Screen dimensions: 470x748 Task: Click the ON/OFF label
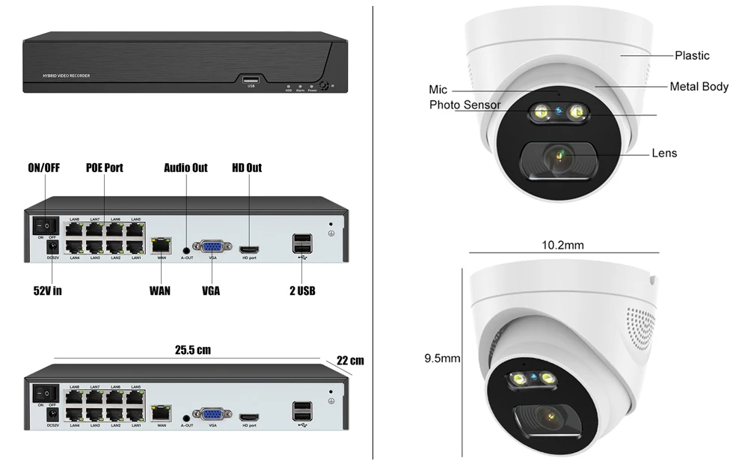[x=43, y=168]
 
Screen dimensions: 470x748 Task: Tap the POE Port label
[x=104, y=168]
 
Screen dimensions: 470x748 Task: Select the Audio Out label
[x=186, y=168]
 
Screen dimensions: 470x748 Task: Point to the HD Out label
[x=247, y=168]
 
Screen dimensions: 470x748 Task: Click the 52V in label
[x=46, y=290]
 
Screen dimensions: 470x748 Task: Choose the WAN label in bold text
[x=159, y=290]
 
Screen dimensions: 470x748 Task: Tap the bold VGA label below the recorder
[x=211, y=290]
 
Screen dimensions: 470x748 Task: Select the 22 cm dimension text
[x=350, y=361]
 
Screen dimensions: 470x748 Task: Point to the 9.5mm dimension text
[x=442, y=358]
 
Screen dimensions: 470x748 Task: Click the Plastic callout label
[x=692, y=55]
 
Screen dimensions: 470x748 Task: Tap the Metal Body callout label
[x=699, y=87]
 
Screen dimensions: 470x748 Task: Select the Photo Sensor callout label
[x=465, y=106]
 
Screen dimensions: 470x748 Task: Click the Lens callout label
[x=664, y=153]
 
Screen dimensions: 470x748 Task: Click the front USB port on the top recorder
[x=251, y=79]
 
